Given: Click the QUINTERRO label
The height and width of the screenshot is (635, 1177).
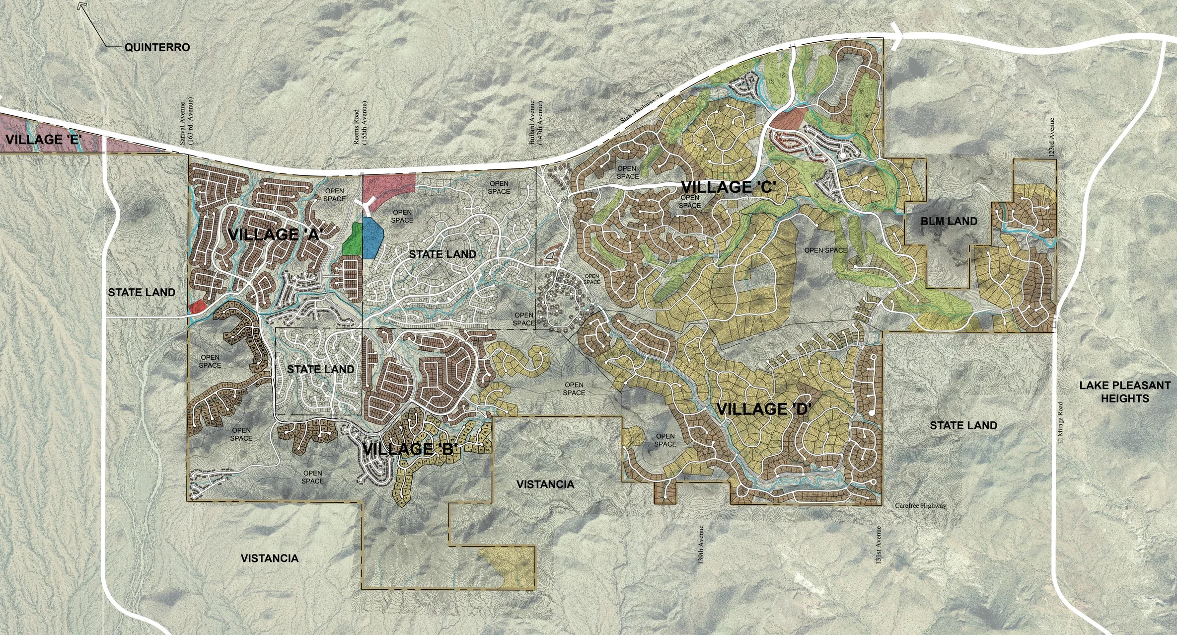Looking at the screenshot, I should (157, 48).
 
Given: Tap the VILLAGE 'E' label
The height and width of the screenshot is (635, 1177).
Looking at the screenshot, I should (44, 139).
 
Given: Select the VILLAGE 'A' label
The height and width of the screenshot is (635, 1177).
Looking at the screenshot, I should (279, 235).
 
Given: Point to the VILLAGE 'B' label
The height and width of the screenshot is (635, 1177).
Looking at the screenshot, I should (410, 450).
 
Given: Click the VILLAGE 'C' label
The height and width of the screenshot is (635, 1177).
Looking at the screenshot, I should (728, 187).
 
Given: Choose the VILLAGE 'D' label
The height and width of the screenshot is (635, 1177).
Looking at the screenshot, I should (764, 409).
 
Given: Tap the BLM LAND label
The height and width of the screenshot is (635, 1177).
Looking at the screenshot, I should (949, 221).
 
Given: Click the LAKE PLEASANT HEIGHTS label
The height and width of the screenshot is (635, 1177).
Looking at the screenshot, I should (1124, 392).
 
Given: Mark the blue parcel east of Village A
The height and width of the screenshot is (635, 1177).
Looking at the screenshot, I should (372, 238).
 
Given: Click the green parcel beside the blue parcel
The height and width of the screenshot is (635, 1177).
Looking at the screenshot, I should (352, 239).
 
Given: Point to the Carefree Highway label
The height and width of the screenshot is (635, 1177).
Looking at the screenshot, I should (920, 506).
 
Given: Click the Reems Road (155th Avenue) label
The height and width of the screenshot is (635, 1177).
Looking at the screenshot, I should (360, 123).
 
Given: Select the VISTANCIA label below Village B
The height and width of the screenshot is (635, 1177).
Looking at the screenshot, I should (545, 484).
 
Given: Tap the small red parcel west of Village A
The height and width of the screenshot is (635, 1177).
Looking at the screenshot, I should (197, 307).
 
